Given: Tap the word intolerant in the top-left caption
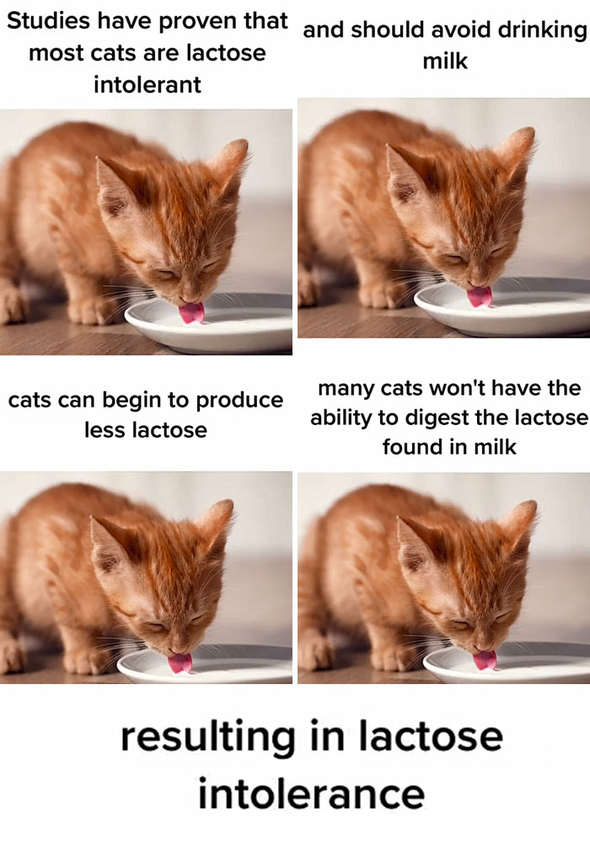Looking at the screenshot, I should click(147, 84).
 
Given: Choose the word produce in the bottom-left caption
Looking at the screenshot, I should click(239, 400).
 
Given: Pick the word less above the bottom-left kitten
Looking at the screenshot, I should click(105, 429).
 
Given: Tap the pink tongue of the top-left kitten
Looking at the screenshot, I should click(192, 313).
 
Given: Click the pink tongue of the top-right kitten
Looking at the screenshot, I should click(480, 295).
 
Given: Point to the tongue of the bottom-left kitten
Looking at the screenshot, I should click(180, 663).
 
